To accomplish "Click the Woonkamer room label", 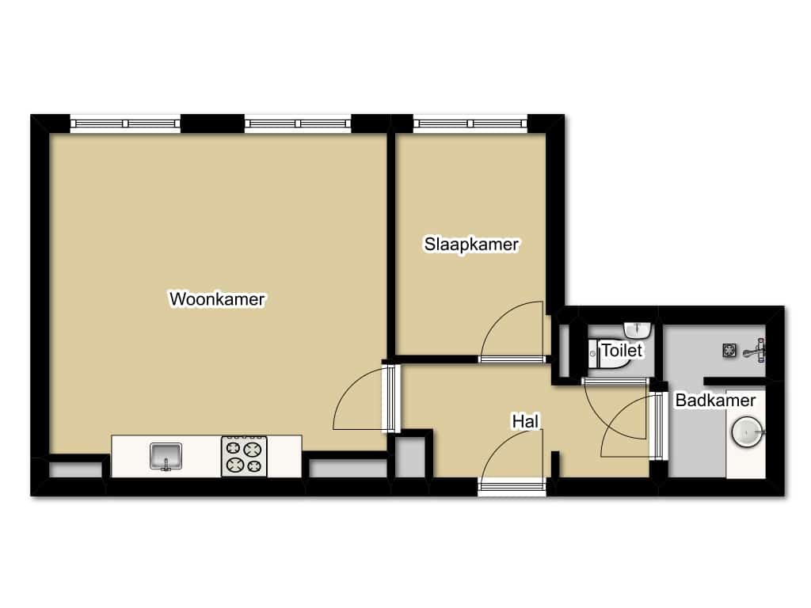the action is tap(217, 298).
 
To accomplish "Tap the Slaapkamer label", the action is tap(471, 244).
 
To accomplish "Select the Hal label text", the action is tap(526, 421).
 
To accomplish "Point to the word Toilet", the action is tap(623, 351).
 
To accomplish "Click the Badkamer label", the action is tap(715, 400).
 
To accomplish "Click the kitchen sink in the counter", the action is tap(166, 457).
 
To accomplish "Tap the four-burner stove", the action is tap(244, 457).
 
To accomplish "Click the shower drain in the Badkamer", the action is tap(729, 351).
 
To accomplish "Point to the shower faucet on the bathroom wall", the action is tap(756, 351).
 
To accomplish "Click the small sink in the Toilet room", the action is tap(638, 329).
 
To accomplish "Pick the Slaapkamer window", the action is tap(470, 123).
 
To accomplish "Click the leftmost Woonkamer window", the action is tap(125, 123).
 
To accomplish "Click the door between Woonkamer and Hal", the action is tap(366, 398).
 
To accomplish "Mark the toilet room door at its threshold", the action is tap(615, 382).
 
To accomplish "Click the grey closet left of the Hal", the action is tap(410, 458).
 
